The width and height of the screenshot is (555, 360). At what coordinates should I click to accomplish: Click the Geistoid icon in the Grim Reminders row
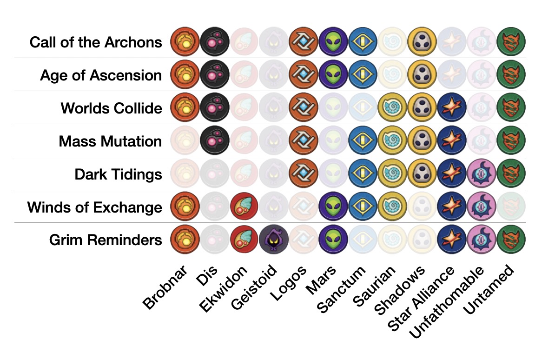tap(274, 240)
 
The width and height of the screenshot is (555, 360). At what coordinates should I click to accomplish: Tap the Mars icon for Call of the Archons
tap(333, 42)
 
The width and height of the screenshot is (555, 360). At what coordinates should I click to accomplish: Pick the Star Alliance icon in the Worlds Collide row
tap(452, 108)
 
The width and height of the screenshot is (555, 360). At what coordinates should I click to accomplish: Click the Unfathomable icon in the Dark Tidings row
tap(482, 174)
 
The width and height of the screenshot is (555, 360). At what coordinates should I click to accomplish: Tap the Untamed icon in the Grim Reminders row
tap(511, 240)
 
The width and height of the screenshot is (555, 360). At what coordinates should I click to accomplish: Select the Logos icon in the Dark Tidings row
tap(304, 174)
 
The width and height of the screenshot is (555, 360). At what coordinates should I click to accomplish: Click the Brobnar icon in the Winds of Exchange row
tap(185, 207)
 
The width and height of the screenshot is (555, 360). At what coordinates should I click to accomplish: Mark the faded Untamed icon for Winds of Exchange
tap(511, 207)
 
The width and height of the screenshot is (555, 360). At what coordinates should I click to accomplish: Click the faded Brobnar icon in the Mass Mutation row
tap(185, 141)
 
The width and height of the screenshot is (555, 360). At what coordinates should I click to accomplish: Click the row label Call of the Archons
tap(96, 42)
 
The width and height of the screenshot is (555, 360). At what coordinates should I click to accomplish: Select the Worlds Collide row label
tap(112, 108)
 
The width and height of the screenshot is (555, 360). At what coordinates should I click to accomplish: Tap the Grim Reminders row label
tap(106, 240)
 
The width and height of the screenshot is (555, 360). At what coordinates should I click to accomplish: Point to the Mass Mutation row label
tap(110, 141)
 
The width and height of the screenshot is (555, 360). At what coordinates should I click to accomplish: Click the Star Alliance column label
tap(420, 298)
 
